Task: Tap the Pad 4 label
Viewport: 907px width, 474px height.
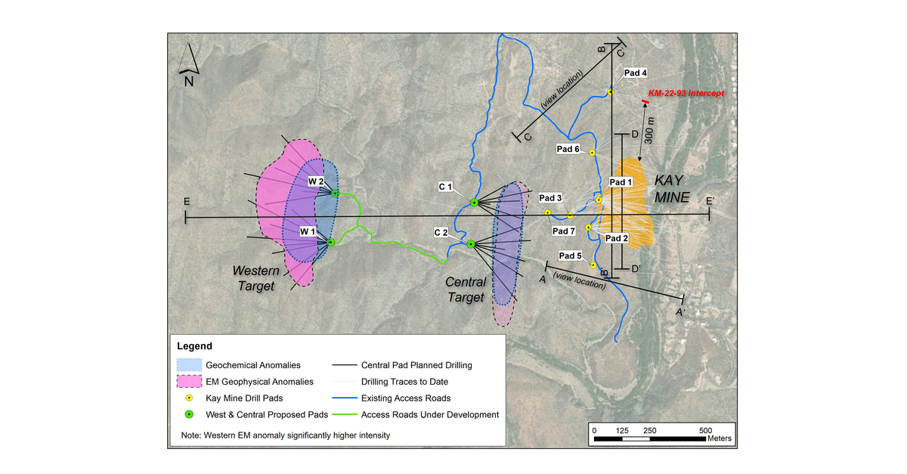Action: point(635,73)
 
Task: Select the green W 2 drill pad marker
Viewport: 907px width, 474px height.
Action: point(335,193)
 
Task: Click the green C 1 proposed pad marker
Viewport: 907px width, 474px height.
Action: point(474,203)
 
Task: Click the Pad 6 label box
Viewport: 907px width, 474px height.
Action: point(568,149)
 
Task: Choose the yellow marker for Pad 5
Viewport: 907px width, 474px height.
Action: point(593,265)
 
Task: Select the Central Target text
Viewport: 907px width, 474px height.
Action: point(465,290)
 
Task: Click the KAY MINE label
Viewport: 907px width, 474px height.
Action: point(672,189)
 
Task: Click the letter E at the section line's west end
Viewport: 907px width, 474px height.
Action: point(185,203)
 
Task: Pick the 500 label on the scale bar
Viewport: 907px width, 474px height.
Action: point(706,430)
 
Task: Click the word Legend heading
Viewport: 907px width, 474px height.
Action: point(195,345)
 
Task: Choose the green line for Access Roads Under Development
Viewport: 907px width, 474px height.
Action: point(344,414)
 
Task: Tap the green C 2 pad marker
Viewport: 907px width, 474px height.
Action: point(470,243)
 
